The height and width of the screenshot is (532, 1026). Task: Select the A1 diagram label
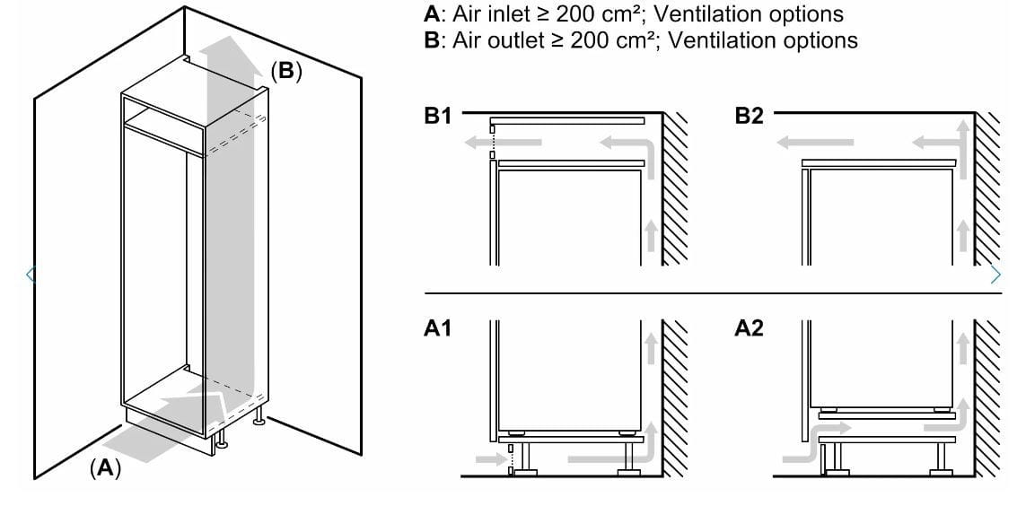[x=437, y=329]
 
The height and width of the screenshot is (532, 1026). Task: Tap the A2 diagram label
[x=749, y=329]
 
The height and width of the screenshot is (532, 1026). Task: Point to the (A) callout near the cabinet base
[x=105, y=467]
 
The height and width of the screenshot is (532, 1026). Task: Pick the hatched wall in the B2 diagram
[x=987, y=188]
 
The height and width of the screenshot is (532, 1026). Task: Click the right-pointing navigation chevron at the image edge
[x=994, y=275]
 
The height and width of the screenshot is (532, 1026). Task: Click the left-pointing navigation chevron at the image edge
[x=31, y=275]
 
